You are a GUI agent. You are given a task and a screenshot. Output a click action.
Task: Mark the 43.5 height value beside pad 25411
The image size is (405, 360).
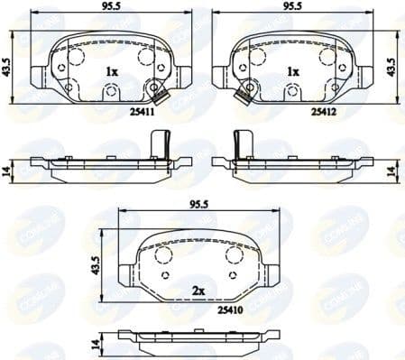click(8, 68)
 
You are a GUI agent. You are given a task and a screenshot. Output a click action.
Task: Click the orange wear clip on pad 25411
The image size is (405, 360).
click(161, 97)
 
